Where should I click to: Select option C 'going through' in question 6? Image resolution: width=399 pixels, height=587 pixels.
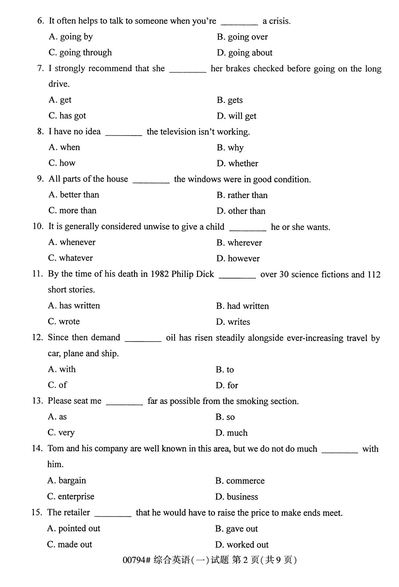(x=80, y=52)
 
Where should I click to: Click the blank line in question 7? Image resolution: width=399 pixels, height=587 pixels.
(x=187, y=71)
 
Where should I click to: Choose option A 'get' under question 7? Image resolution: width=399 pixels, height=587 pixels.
(x=60, y=100)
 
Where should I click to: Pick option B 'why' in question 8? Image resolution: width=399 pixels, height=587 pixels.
(x=230, y=147)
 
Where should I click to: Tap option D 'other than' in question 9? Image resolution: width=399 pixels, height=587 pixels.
(x=241, y=211)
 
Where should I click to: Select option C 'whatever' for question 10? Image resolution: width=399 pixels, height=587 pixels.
(x=70, y=258)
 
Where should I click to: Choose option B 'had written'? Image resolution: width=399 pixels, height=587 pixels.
(x=242, y=306)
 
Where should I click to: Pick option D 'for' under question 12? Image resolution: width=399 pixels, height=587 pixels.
(x=227, y=385)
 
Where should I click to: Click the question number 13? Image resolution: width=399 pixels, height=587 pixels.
(x=38, y=401)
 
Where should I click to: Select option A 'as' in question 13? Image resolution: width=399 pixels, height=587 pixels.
(x=57, y=417)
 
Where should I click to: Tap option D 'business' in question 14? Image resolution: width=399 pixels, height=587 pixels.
(x=237, y=497)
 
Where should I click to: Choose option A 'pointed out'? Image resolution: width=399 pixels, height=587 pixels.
(x=74, y=529)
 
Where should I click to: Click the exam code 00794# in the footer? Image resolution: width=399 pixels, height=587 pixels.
(x=136, y=560)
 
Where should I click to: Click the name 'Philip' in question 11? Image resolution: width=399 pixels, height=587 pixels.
(x=182, y=274)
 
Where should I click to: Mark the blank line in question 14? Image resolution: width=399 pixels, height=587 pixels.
(x=340, y=451)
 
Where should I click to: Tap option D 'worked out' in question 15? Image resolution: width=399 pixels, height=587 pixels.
(x=242, y=545)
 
